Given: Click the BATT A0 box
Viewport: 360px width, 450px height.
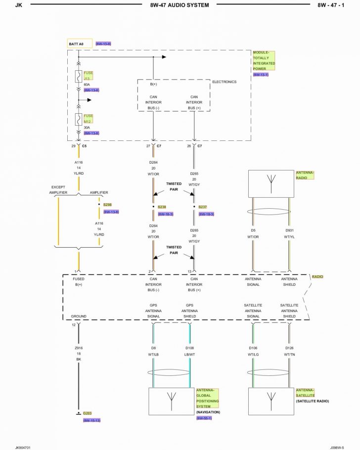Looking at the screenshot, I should (79, 44).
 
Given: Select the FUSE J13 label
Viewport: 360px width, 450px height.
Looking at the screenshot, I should (89, 75).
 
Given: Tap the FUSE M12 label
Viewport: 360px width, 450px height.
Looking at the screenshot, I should (89, 118).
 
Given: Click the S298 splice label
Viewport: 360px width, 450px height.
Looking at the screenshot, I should (107, 204).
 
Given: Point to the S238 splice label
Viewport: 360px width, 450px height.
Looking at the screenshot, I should (162, 207).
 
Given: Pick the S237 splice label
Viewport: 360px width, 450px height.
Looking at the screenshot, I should (203, 207).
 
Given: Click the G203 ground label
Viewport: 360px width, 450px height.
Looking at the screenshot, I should (88, 413).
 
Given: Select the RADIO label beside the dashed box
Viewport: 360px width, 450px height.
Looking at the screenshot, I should (317, 277).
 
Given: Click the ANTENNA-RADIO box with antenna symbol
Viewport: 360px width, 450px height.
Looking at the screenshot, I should (270, 184).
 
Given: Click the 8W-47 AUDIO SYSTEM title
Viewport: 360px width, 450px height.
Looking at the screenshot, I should (179, 5).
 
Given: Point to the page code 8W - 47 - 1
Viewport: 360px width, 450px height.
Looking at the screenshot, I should (334, 5).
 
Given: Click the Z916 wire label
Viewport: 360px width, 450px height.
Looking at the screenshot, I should (79, 348).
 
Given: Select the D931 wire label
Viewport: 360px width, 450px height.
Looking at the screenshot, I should (289, 230).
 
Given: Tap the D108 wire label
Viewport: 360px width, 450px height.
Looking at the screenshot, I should (190, 348).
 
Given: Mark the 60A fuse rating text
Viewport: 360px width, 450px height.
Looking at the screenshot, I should (87, 85).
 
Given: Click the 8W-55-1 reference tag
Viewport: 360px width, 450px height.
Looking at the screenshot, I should (204, 418).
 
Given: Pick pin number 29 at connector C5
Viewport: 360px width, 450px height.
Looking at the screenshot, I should (73, 146).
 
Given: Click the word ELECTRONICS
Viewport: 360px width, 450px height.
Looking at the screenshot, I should (224, 82).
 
